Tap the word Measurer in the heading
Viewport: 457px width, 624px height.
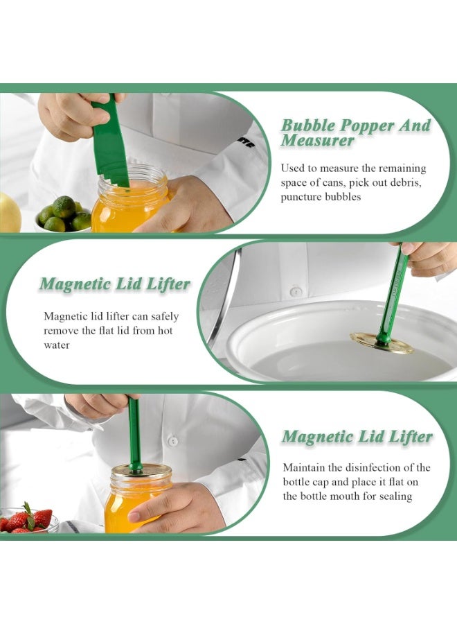click(x=317, y=141)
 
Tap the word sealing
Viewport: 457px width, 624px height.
click(x=395, y=496)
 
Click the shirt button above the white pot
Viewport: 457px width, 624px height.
click(x=296, y=292)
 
